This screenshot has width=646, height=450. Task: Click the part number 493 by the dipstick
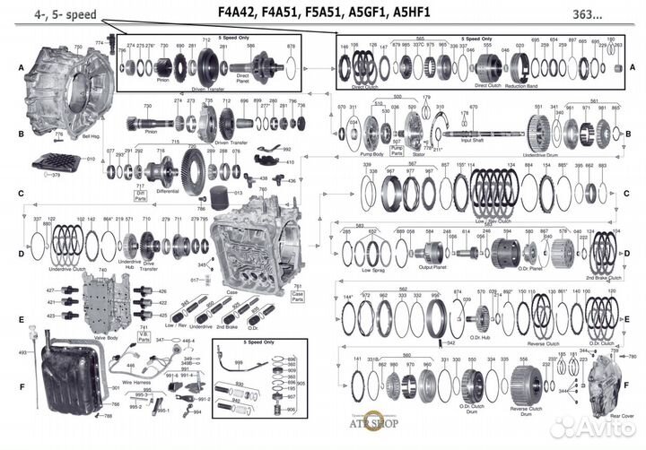click(22, 352)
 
